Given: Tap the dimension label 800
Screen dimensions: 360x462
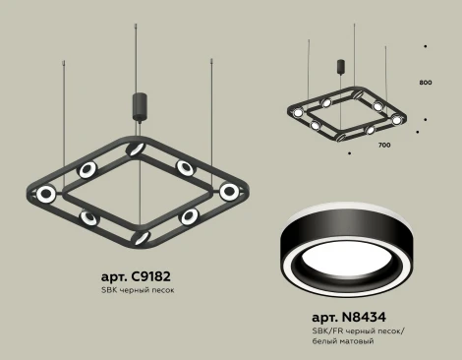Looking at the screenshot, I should (x=425, y=82).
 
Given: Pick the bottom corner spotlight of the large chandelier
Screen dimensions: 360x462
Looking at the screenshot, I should (x=139, y=236).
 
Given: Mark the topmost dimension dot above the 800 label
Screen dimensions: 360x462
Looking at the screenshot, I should (x=425, y=45).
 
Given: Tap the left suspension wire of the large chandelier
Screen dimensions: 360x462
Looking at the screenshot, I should (x=65, y=118).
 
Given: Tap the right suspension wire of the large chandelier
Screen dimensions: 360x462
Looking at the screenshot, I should (x=210, y=118).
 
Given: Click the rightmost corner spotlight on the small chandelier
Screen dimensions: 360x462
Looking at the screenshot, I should (x=398, y=118).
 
